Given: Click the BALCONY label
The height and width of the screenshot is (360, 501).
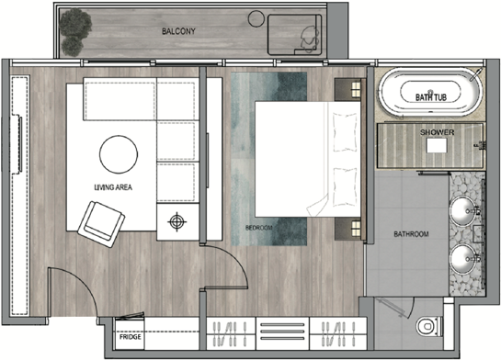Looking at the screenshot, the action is tap(178, 31).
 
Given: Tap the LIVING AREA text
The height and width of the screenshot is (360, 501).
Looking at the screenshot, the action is tap(113, 187).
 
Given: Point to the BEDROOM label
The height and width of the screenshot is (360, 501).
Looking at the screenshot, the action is tap(259, 228).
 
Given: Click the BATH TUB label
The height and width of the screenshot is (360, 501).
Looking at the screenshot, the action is tap(431, 97).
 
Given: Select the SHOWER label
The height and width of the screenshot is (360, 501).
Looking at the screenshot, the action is tap(437, 132).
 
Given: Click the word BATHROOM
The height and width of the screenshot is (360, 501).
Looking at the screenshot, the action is tap(411, 234).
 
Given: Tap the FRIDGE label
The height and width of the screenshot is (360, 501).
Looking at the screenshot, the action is tap(130, 337).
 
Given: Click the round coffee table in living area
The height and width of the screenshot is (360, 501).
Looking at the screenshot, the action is tap(119, 154).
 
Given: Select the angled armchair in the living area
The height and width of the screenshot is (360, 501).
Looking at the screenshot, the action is tap(101, 224).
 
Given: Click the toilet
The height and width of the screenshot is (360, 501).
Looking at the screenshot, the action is tap(428, 326).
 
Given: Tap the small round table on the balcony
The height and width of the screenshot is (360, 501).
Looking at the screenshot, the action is tap(256, 19).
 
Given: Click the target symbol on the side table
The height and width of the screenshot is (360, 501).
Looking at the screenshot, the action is tap(177, 221).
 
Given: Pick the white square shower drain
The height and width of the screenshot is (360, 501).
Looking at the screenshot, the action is tap(437, 146).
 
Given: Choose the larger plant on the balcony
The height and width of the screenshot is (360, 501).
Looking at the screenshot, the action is tap(75, 22).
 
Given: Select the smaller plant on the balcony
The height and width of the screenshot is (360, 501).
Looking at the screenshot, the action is tap(73, 46).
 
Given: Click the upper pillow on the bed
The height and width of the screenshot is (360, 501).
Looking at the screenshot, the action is tap(345, 132).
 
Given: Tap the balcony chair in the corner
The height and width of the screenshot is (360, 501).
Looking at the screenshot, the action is tap(309, 39).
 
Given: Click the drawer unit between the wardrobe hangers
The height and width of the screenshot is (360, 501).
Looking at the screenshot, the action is tap(282, 332).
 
